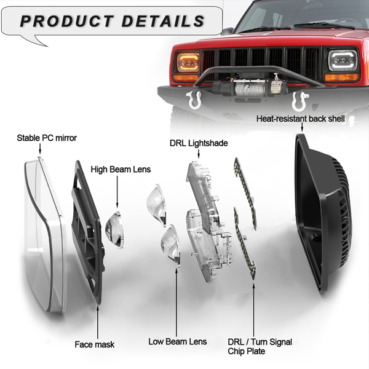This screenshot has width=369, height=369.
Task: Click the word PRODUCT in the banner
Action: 67,21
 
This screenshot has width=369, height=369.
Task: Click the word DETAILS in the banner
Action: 163,21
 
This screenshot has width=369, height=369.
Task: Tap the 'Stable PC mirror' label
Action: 47,138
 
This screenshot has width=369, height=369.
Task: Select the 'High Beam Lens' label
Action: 121,170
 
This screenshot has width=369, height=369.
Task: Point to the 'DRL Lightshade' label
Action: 199,143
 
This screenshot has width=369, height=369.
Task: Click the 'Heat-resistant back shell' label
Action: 301,119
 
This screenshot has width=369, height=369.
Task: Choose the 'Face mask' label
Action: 95,344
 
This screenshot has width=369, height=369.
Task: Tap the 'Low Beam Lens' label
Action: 178,342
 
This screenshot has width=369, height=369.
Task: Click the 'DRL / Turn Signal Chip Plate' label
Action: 260,346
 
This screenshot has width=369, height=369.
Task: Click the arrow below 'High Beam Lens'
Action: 117,192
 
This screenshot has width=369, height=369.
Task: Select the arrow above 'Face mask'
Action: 98,322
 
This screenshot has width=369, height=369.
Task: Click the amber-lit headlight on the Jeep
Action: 188,62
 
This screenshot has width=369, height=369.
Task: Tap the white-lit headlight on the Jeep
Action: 343,60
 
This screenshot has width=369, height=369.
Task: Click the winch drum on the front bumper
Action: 250,87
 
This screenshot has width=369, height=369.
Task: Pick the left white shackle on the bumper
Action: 193,100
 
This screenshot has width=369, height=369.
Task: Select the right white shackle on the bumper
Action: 300,101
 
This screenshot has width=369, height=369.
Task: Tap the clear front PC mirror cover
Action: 45,236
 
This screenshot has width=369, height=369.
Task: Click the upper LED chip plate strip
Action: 245,194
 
